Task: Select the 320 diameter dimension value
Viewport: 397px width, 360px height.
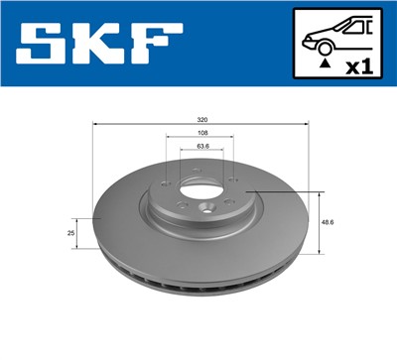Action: (x=202, y=119)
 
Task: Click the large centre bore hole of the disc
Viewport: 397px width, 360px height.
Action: (x=199, y=182)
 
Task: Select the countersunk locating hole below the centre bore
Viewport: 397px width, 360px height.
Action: (x=205, y=208)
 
